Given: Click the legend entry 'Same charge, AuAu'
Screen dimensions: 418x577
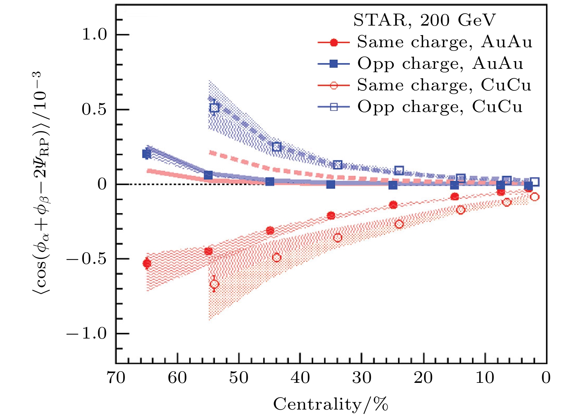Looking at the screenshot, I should pyautogui.click(x=444, y=42).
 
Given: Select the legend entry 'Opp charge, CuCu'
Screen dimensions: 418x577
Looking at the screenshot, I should pyautogui.click(x=440, y=107).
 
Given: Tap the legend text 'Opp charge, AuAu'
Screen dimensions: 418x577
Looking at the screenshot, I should pyautogui.click(x=440, y=64).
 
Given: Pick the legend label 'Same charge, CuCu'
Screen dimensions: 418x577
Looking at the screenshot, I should pyautogui.click(x=444, y=85).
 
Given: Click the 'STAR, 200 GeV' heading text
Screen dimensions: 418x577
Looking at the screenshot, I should pyautogui.click(x=424, y=20).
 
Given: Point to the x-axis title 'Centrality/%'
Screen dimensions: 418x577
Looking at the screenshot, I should pyautogui.click(x=330, y=404).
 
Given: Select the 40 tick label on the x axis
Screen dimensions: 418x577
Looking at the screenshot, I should pyautogui.click(x=300, y=377).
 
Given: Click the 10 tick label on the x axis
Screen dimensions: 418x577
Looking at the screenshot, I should pyautogui.click(x=485, y=377).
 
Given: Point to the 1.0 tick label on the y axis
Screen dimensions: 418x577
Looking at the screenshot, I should pyautogui.click(x=94, y=35).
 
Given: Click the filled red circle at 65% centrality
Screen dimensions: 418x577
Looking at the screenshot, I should pyautogui.click(x=147, y=263).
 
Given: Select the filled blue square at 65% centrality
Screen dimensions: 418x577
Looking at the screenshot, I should pyautogui.click(x=147, y=154).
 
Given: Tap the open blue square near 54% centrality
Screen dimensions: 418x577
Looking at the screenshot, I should pyautogui.click(x=214, y=108).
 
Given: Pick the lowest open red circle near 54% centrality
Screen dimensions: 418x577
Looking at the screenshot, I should pyautogui.click(x=214, y=284).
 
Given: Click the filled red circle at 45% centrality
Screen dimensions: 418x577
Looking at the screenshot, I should pyautogui.click(x=270, y=231).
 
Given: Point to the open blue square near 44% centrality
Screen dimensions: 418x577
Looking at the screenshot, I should pyautogui.click(x=277, y=147).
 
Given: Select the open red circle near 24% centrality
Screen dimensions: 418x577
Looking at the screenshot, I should pyautogui.click(x=399, y=224).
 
